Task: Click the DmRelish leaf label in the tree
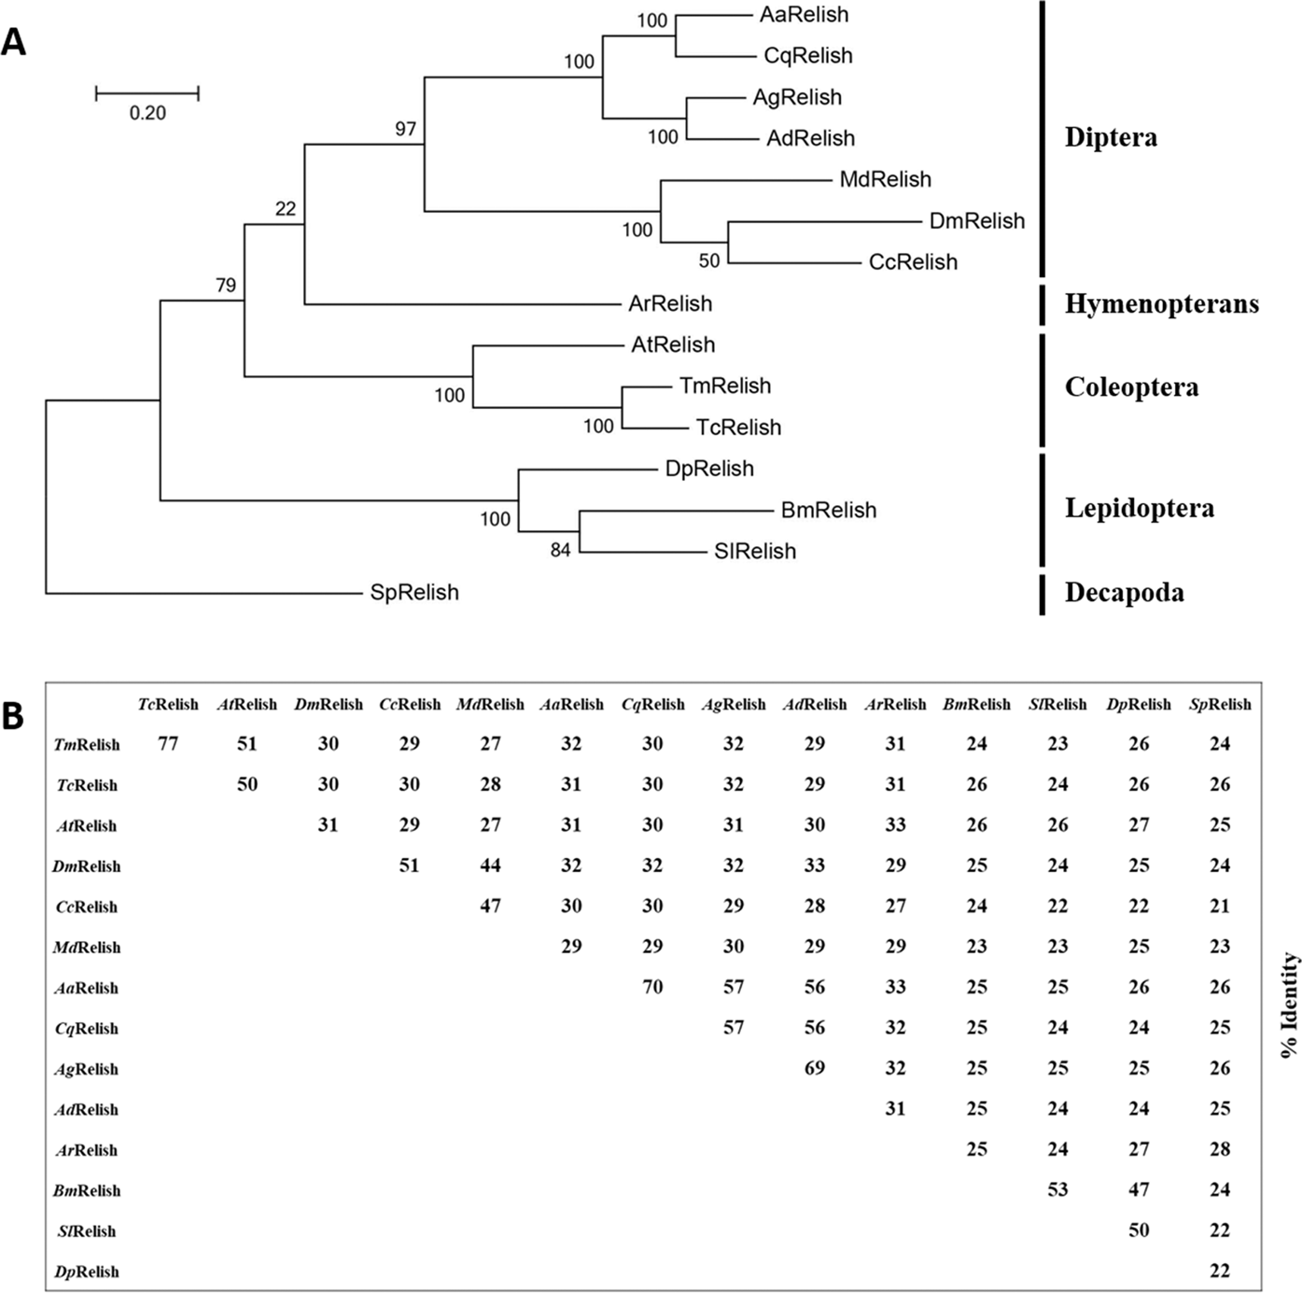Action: [x=976, y=221]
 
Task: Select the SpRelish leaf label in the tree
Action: [x=414, y=593]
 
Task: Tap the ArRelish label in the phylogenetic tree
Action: [x=670, y=303]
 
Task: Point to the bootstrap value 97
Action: [x=405, y=129]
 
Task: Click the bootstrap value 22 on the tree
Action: [x=286, y=209]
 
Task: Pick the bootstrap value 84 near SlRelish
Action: [x=560, y=551]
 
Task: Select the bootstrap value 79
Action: [x=226, y=286]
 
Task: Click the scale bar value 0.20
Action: [x=147, y=113]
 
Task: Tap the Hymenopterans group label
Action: [x=1161, y=303]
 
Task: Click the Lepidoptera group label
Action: [x=1139, y=508]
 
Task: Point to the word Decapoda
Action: [x=1124, y=593]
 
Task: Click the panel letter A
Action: [x=14, y=42]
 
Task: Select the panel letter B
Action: [x=13, y=716]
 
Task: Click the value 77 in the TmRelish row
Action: [x=168, y=744]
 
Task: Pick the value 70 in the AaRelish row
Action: [x=652, y=987]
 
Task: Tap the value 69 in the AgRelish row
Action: [x=814, y=1068]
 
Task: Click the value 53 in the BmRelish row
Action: [x=1057, y=1189]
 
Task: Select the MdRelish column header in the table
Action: [x=490, y=705]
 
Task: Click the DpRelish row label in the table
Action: [x=87, y=1272]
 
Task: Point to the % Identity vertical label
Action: [x=1290, y=1005]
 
